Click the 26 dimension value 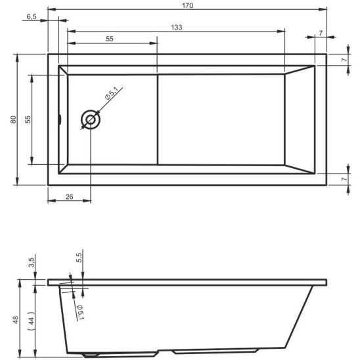(69, 196)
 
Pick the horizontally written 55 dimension (110, 39)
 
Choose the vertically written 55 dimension (27, 120)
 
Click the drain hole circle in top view (90, 120)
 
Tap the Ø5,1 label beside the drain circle (110, 97)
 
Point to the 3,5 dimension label (31, 263)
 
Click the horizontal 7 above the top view (320, 32)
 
